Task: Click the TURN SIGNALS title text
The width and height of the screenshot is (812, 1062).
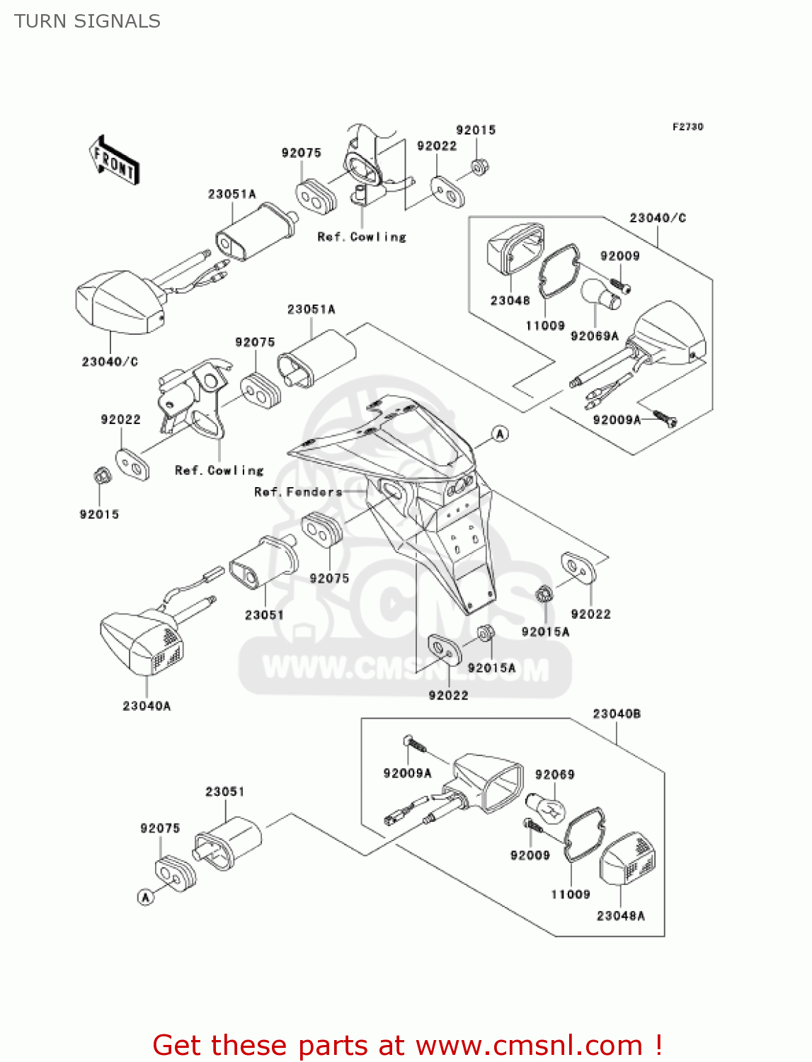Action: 87,21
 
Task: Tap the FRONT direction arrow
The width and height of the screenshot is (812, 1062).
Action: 114,161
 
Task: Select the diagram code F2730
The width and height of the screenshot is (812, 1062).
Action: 687,127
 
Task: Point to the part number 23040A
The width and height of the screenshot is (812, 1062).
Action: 147,706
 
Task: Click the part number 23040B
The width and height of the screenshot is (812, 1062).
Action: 616,714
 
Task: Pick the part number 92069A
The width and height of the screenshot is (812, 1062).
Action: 594,336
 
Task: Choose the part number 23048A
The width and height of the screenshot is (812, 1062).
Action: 620,915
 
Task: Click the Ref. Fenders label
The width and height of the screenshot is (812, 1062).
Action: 298,492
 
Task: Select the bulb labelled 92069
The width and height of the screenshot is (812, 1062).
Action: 546,807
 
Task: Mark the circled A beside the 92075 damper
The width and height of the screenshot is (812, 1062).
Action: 145,897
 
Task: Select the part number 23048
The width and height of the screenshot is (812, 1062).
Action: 510,301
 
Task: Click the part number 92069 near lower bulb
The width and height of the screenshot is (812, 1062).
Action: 554,775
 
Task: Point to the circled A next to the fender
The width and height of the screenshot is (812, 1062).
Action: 500,434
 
